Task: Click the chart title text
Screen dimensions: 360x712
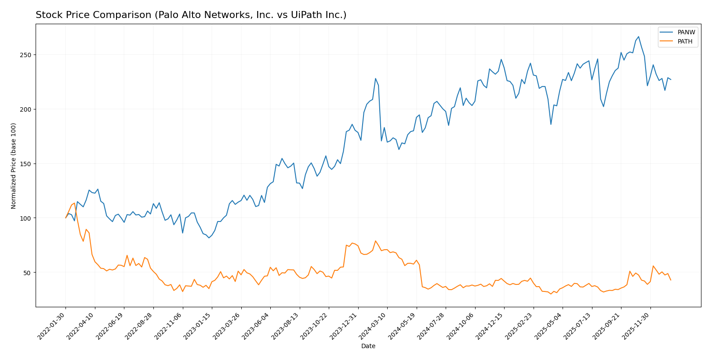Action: (x=191, y=15)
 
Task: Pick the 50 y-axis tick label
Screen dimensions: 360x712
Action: (x=27, y=273)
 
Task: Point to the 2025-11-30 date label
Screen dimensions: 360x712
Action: (x=637, y=326)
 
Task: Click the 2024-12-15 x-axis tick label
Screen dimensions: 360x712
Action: (x=490, y=326)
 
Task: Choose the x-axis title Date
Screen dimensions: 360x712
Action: (x=368, y=346)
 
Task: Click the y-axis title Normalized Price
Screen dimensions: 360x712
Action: (x=14, y=166)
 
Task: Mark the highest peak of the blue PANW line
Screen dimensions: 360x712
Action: (x=639, y=36)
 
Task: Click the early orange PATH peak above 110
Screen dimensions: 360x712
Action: (x=74, y=203)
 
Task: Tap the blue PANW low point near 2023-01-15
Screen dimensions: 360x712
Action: (x=209, y=238)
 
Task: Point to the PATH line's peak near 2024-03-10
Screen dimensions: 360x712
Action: (x=375, y=241)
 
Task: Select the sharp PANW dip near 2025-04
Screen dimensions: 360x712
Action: (x=551, y=124)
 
